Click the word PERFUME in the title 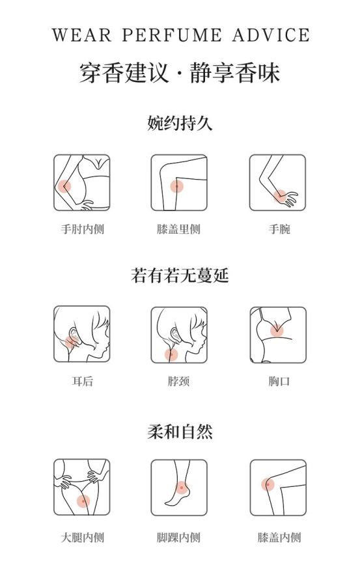pos(171,35)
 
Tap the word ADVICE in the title pos(271,35)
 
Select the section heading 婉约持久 pos(180,123)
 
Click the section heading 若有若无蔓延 pos(180,275)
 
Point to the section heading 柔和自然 pos(180,432)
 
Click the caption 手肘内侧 pos(83,229)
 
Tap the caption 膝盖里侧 pos(178,229)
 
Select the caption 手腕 pos(279,229)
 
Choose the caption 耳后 pos(83,381)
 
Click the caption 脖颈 pos(178,381)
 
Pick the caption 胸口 pos(279,381)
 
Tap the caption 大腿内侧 pos(83,538)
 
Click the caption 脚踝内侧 pos(178,538)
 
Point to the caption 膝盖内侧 pos(279,538)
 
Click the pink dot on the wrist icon pos(280,197)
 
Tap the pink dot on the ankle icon pos(181,488)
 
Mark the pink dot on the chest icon pos(277,331)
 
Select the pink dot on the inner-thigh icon pos(83,501)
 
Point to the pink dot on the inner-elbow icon pos(65,186)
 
